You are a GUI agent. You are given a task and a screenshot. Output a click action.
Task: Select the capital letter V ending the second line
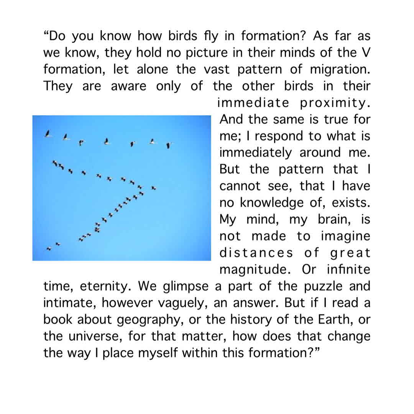pos(366,53)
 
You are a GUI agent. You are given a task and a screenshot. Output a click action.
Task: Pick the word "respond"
pos(279,136)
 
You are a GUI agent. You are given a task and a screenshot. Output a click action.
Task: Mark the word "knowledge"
pos(274,203)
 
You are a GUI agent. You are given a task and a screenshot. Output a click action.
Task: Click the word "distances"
pos(256,253)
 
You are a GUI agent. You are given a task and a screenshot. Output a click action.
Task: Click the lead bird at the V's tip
pos(153,188)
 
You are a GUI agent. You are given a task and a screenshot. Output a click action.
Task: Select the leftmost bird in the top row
pos(48,134)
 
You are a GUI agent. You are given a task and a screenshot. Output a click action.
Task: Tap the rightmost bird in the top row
pos(169,145)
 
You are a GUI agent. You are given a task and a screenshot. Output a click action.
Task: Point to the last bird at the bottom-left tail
pos(49,249)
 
